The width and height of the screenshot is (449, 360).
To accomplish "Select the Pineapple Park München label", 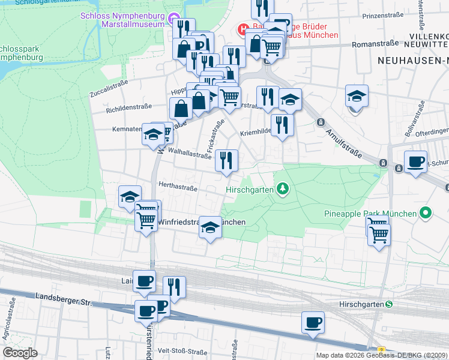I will point(370,214).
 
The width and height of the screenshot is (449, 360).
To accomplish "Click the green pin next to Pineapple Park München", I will point(426,213).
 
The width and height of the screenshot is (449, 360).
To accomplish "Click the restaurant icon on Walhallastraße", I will point(226,161).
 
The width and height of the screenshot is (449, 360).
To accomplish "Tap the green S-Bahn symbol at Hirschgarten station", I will point(388,305).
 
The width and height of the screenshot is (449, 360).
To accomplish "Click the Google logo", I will point(20,353).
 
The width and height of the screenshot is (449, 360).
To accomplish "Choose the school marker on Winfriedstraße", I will point(210,227).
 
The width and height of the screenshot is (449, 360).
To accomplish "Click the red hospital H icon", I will point(244,28).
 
